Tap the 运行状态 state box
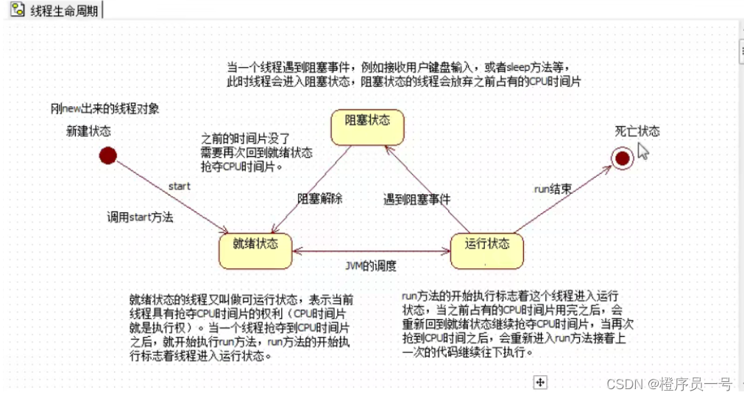[x=486, y=250]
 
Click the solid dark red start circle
[x=108, y=156]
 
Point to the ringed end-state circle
[x=622, y=158]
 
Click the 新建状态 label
[x=88, y=131]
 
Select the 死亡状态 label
[x=637, y=132]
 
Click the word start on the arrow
[x=179, y=186]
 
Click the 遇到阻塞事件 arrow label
[x=417, y=199]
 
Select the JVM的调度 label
[x=372, y=266]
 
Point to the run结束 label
[x=553, y=189]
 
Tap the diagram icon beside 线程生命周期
[x=16, y=10]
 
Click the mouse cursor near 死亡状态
[x=642, y=151]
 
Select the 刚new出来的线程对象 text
[x=104, y=108]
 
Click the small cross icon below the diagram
[x=541, y=382]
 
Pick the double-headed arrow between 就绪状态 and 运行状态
[x=371, y=251]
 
